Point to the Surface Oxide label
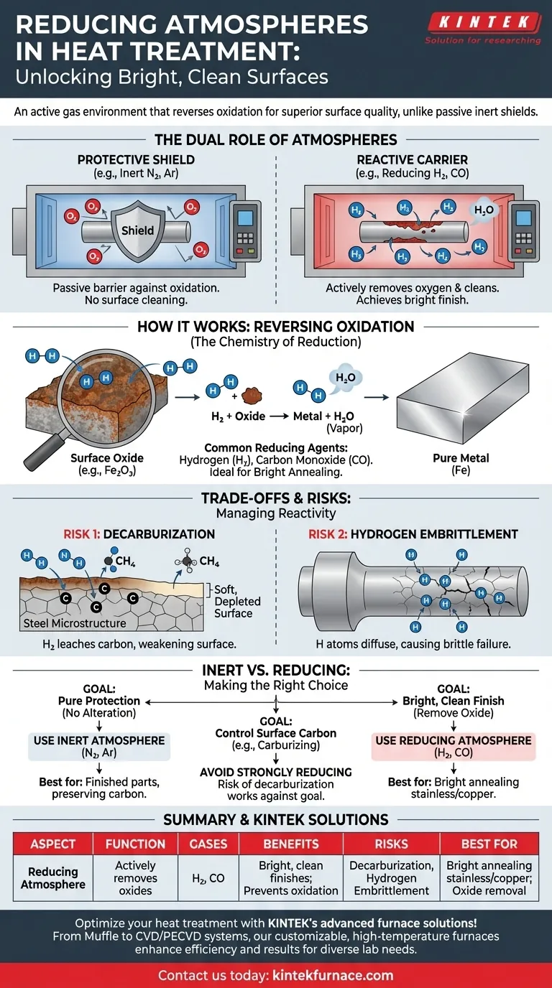pyautogui.click(x=107, y=458)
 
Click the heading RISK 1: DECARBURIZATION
pyautogui.click(x=139, y=534)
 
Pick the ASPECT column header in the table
pyautogui.click(x=53, y=844)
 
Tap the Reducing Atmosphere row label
pyautogui.click(x=54, y=877)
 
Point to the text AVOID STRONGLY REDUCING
pyautogui.click(x=276, y=772)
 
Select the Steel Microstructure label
pyautogui.click(x=75, y=623)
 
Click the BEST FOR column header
pyautogui.click(x=489, y=844)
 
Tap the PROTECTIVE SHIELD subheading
pyautogui.click(x=137, y=160)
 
